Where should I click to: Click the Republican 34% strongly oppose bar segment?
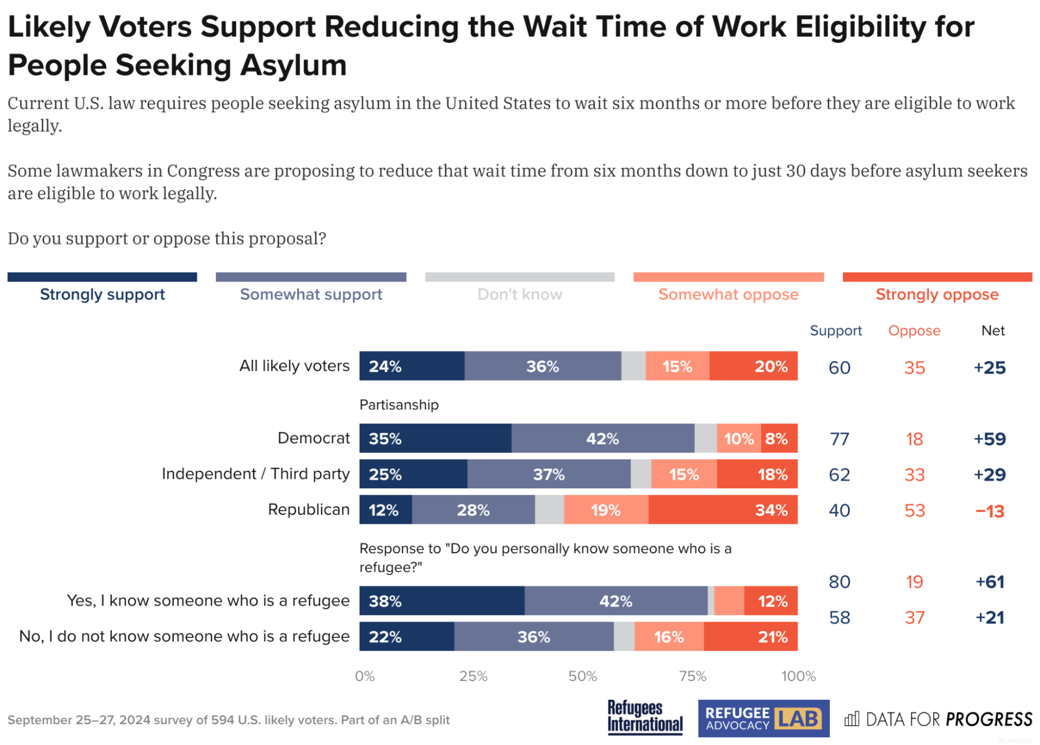coord(723,510)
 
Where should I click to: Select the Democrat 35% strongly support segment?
coord(435,438)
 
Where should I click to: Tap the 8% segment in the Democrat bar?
coord(779,438)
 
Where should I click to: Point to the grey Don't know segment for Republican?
coord(549,510)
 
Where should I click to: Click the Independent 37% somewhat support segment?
coord(548,474)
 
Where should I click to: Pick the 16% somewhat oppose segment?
coord(669,637)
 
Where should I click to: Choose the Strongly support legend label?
coord(102,295)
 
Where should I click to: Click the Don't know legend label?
coord(519,295)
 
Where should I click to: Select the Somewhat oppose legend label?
coord(728,295)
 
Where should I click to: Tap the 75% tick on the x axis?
coord(692,676)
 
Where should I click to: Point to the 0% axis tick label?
coord(364,676)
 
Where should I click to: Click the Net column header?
coord(992,331)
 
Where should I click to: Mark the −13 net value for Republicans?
coord(989,511)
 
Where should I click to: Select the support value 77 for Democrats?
coord(839,439)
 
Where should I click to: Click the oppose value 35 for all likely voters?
coord(914,368)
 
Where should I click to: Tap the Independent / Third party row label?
coord(255,474)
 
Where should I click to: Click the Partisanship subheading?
coord(399,405)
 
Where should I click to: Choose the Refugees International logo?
coord(645,717)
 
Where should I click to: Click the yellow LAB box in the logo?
coord(798,719)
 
